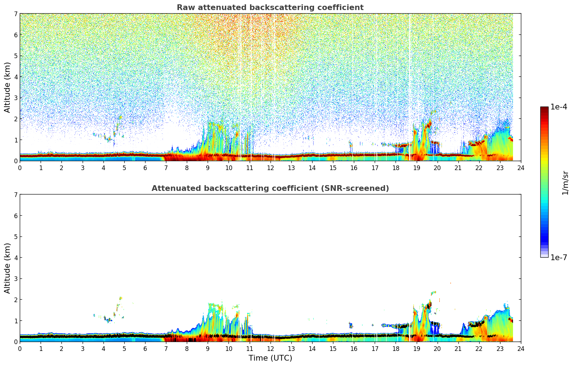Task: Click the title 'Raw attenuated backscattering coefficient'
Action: click(x=270, y=8)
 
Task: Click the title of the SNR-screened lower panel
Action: click(x=270, y=188)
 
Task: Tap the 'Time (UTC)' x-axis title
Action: click(x=270, y=358)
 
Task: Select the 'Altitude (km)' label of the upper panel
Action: click(x=8, y=87)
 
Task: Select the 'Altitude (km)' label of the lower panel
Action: click(x=8, y=268)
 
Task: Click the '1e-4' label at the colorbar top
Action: click(x=559, y=107)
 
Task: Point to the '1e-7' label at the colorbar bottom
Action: click(x=559, y=258)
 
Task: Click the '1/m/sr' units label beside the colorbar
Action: click(x=565, y=183)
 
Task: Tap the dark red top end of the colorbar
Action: click(x=544, y=108)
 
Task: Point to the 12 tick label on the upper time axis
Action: click(x=270, y=168)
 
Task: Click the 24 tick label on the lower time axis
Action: click(x=521, y=348)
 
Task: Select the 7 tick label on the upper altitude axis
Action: click(x=16, y=14)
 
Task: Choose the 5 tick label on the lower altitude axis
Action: click(x=16, y=236)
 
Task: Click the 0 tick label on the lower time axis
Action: click(x=20, y=348)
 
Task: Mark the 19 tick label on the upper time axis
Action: click(x=416, y=168)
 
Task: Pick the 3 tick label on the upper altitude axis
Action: click(x=16, y=98)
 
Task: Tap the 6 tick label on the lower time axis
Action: click(x=145, y=348)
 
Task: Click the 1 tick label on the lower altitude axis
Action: click(x=16, y=321)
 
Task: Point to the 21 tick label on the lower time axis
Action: click(x=458, y=348)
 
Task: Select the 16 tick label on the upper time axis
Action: click(x=354, y=168)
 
